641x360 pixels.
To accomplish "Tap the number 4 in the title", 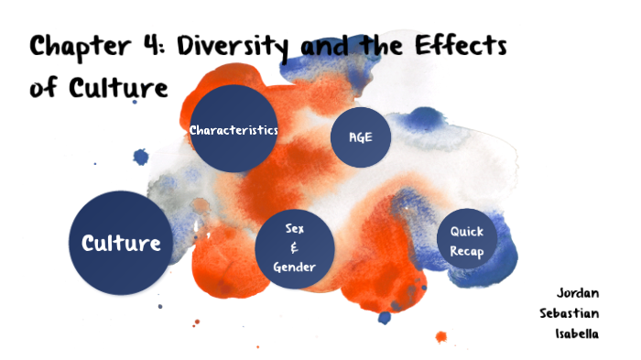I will point(147,47).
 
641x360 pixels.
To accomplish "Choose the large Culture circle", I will point(121,243).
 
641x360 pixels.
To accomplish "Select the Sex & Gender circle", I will point(294,247).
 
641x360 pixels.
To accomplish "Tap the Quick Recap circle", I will point(466,241).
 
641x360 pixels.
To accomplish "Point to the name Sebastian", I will point(570,313).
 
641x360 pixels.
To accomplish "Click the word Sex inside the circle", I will point(294,227).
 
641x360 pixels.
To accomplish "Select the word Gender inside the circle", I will point(294,267).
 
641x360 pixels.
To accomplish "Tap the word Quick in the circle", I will point(466,231).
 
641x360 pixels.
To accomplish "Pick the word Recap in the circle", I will point(466,251).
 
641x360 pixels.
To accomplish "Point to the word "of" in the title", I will point(43,88).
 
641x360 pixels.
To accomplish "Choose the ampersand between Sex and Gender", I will point(294,247).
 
